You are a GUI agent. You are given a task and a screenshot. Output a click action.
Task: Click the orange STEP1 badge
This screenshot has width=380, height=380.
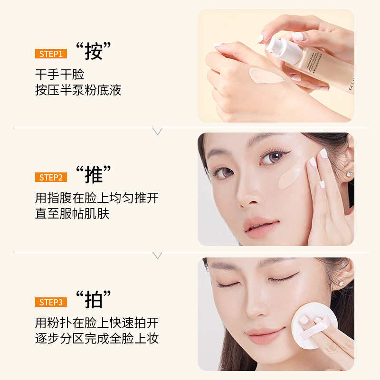tap(51, 54)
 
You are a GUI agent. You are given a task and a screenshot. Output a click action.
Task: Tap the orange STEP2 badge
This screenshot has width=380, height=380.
tap(51, 177)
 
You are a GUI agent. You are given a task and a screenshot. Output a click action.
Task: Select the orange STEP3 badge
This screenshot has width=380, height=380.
tap(51, 302)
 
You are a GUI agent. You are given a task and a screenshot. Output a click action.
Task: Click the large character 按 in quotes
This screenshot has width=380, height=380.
tap(94, 51)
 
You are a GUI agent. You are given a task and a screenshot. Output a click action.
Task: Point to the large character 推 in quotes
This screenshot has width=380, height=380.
tap(94, 175)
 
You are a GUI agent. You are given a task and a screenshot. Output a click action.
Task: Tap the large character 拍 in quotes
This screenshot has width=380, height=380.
tap(94, 300)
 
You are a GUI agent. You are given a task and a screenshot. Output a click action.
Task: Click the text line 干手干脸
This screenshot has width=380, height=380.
tap(60, 74)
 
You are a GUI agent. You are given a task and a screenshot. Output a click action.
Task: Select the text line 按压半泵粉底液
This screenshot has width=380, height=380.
tap(78, 90)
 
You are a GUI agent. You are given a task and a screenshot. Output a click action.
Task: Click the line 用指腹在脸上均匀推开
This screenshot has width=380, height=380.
tap(97, 198)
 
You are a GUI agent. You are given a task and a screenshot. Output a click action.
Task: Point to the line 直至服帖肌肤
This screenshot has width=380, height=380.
tap(72, 214)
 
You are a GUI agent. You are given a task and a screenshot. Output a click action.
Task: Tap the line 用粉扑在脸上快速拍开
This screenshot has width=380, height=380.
tap(97, 323)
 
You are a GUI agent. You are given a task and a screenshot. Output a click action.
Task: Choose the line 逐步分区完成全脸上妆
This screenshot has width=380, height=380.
tap(97, 338)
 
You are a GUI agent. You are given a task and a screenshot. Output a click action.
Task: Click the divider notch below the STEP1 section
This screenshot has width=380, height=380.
tap(158, 131)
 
